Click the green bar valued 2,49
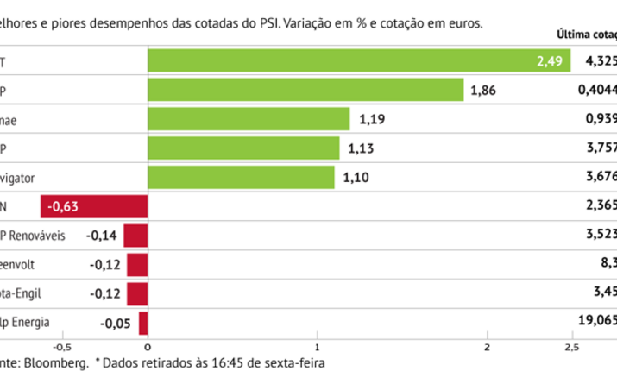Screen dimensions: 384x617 click(358, 61)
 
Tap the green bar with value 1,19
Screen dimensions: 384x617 click(249, 120)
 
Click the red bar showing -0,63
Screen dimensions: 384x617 click(94, 206)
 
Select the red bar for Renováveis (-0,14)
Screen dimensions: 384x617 click(136, 236)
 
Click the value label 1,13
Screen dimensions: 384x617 click(361, 149)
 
